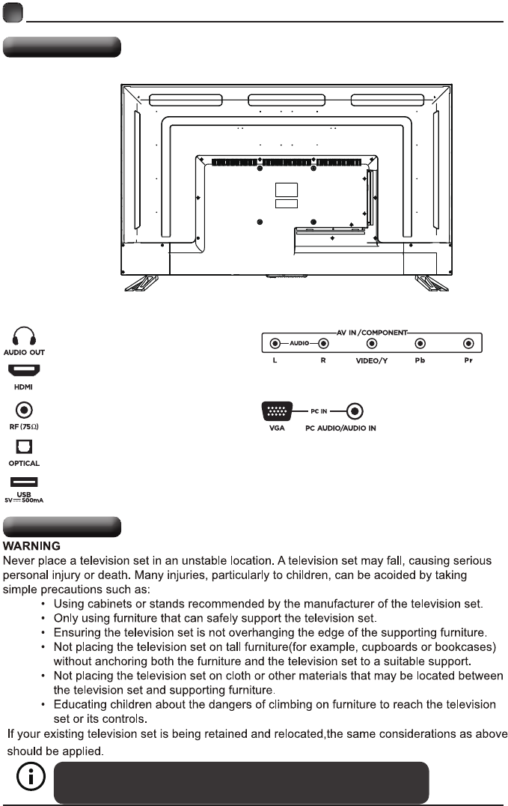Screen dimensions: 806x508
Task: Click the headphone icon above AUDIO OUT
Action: pos(25,335)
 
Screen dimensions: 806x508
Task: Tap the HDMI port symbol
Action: pos(25,371)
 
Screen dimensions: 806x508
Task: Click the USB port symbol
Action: pos(25,483)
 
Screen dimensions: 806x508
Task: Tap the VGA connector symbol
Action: pos(277,411)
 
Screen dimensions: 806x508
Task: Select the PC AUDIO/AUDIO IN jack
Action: pos(355,411)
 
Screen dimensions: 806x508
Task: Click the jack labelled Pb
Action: pos(420,344)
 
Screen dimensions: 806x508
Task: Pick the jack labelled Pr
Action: pos(468,344)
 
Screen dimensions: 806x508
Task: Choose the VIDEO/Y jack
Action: pos(371,344)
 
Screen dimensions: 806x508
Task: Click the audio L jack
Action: pos(275,344)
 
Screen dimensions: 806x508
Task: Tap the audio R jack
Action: pos(323,344)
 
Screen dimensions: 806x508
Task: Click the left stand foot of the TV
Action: pos(141,282)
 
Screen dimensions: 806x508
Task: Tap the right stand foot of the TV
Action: pos(431,282)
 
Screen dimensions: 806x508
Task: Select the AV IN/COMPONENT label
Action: pos(372,330)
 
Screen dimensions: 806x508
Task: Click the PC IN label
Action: pos(320,411)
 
